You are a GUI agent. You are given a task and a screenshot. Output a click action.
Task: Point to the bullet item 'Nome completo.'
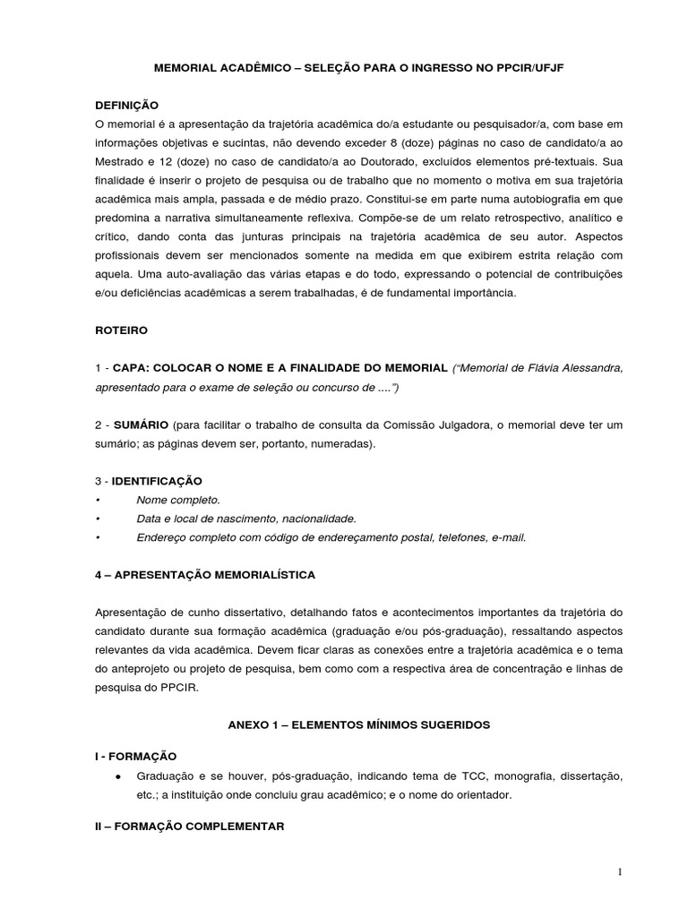pyautogui.click(x=178, y=500)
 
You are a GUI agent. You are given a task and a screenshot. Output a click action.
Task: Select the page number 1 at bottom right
pyautogui.click(x=618, y=872)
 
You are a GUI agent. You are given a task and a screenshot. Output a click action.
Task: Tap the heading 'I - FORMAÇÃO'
pyautogui.click(x=135, y=756)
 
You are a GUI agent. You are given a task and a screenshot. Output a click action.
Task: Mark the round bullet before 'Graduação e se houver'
pyautogui.click(x=118, y=775)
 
